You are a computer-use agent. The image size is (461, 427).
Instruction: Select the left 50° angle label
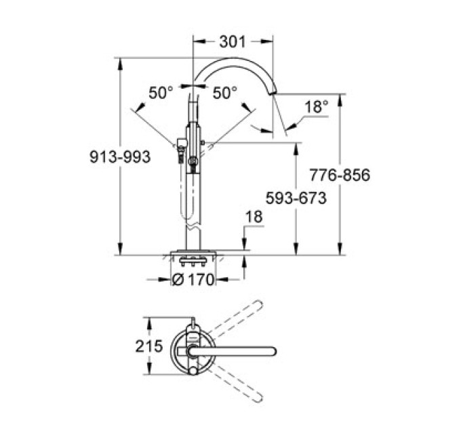[161, 92]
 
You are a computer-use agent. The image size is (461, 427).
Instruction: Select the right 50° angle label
[225, 92]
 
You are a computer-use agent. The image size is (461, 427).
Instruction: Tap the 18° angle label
[315, 106]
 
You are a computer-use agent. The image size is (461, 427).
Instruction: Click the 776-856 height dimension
[340, 176]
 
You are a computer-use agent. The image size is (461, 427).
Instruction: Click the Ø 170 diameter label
[193, 279]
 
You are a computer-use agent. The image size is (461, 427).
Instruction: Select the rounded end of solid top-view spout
[273, 350]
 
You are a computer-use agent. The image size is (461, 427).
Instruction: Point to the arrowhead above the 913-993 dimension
[121, 63]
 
